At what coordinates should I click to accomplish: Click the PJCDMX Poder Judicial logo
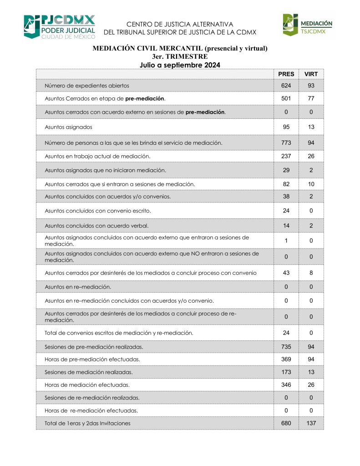click(x=59, y=27)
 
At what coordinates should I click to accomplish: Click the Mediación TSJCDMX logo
click(x=308, y=25)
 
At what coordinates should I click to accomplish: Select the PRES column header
click(x=286, y=74)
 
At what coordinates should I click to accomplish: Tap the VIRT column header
click(x=311, y=74)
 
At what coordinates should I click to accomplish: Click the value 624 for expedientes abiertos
click(x=286, y=86)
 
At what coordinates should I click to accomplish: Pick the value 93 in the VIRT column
click(x=311, y=86)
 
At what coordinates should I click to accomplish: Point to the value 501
click(x=286, y=98)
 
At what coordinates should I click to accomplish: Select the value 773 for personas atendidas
click(x=286, y=143)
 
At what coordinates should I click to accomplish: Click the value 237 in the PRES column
click(x=286, y=156)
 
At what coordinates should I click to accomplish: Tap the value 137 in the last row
click(x=311, y=423)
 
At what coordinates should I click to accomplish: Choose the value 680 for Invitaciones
click(x=286, y=423)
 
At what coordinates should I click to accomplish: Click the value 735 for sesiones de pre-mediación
click(x=286, y=347)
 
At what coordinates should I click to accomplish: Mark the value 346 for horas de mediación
click(x=286, y=385)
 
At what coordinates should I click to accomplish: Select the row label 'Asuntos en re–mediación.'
click(x=78, y=287)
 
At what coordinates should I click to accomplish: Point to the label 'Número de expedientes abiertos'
click(x=87, y=86)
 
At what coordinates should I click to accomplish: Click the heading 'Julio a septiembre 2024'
click(x=180, y=65)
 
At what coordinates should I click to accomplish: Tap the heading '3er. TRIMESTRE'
click(x=180, y=56)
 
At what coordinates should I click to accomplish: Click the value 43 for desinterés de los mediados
click(x=286, y=273)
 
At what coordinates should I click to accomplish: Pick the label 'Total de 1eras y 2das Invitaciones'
click(x=87, y=423)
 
